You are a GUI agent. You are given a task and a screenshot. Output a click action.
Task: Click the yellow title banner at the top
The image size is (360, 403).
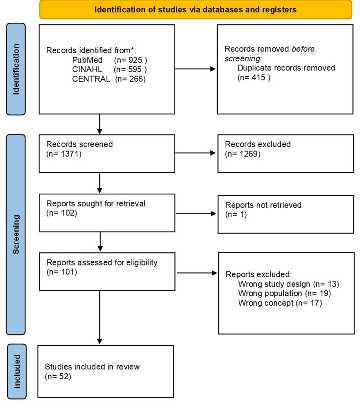click(195, 10)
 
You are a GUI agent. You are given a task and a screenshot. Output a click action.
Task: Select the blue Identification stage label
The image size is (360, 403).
click(16, 69)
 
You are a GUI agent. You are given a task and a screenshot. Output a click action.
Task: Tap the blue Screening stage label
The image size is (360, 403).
click(16, 235)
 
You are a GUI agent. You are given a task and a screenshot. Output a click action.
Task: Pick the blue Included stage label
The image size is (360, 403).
click(17, 371)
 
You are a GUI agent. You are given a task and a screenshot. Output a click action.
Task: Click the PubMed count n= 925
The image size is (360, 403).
click(130, 60)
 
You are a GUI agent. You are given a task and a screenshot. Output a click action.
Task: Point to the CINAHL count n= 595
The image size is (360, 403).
click(130, 69)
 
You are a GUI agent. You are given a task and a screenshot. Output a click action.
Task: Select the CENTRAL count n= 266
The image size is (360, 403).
click(130, 79)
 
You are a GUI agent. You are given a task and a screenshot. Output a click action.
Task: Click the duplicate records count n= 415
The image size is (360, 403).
click(254, 77)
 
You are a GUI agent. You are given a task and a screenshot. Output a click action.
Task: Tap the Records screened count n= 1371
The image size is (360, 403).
click(64, 154)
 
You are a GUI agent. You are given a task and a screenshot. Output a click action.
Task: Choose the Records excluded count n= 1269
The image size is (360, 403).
click(243, 154)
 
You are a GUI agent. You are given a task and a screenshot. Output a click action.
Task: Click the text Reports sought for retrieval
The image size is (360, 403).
click(96, 204)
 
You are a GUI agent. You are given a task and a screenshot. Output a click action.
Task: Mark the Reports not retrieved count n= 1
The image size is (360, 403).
click(236, 214)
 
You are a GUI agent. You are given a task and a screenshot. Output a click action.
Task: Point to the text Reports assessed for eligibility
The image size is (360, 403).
click(102, 262)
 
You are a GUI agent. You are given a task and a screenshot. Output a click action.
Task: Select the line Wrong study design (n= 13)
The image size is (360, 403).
click(288, 284)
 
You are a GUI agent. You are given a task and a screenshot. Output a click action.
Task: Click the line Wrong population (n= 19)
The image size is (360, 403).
click(284, 293)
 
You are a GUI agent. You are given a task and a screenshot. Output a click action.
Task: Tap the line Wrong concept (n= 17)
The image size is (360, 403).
click(280, 303)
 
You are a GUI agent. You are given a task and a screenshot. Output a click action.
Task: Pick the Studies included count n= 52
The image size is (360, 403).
click(58, 376)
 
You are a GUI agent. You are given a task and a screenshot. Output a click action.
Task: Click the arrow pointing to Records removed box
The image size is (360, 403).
click(195, 69)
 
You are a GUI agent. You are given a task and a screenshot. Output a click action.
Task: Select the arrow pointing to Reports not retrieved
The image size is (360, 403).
click(196, 214)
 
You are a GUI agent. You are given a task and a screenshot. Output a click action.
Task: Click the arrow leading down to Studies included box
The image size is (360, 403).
click(100, 318)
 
